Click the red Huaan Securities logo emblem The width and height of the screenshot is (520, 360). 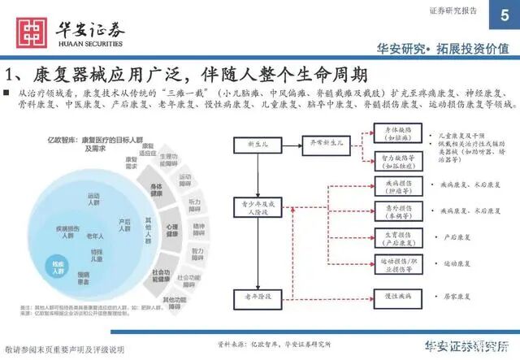click(x=31, y=32)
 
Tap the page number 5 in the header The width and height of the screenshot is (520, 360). click(x=495, y=9)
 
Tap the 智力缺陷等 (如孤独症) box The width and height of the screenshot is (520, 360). click(x=397, y=160)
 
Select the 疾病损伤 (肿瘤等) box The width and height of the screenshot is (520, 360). click(x=397, y=186)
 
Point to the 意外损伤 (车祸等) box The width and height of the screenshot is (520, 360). click(x=397, y=211)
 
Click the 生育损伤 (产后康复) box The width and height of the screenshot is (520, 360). click(x=397, y=238)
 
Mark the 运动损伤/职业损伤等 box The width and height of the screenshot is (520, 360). click(x=397, y=264)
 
